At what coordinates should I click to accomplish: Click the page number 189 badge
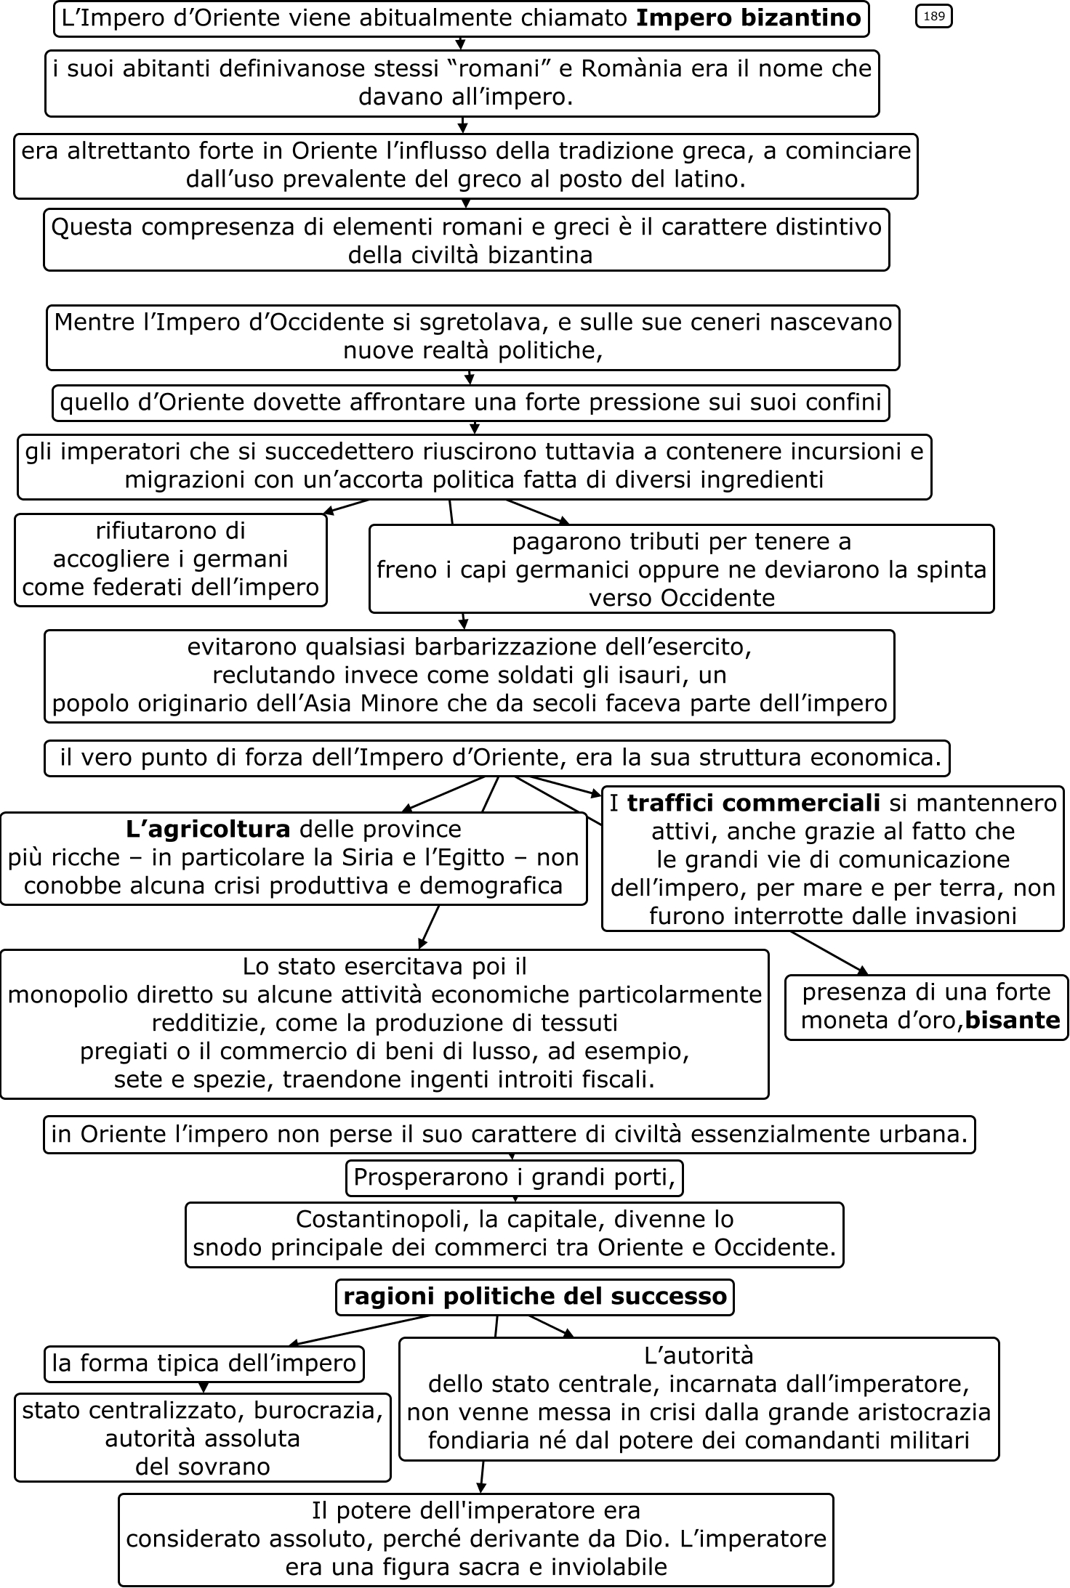coord(933,17)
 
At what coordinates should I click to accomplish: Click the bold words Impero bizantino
coord(748,18)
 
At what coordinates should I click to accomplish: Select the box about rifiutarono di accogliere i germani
coord(171,559)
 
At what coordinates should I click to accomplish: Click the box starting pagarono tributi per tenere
coord(681,570)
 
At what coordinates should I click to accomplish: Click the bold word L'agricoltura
coord(208,829)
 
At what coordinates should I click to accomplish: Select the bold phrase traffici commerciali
coord(753,803)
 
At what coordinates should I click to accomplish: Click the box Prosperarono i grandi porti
coord(514,1178)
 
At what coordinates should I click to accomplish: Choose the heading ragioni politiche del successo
coord(535,1297)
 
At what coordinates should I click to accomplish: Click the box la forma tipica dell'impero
coord(204,1364)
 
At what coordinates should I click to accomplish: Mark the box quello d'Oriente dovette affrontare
coord(470,403)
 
